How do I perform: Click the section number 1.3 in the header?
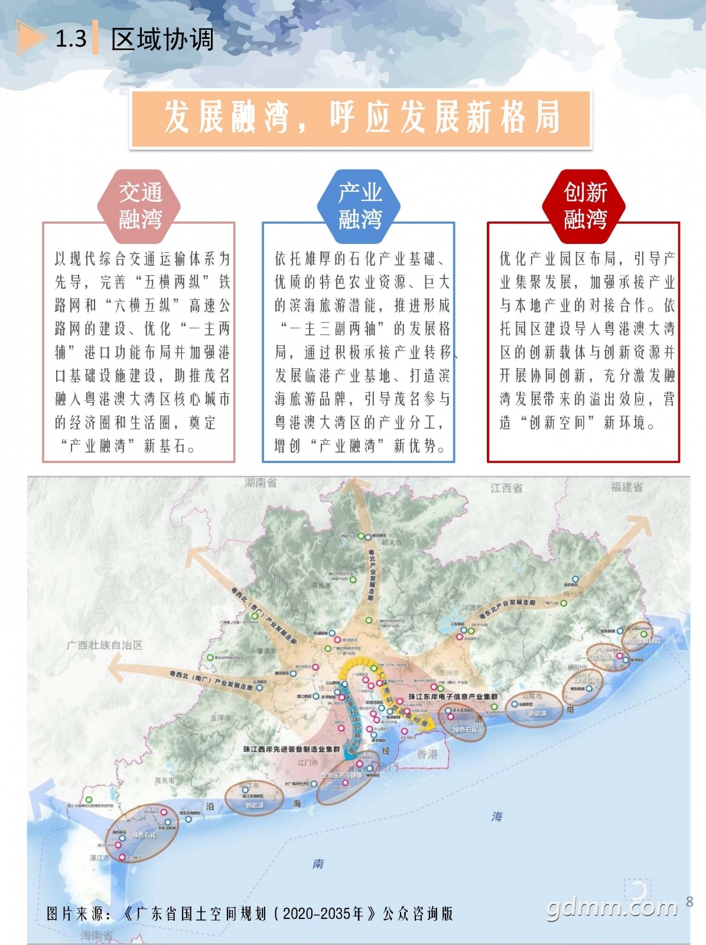(x=71, y=39)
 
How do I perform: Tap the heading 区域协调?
(x=162, y=39)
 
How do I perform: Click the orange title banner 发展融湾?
(x=360, y=118)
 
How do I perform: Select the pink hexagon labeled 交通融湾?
(x=140, y=206)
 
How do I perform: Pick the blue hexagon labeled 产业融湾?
(x=360, y=206)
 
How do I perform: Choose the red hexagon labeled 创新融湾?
(x=585, y=206)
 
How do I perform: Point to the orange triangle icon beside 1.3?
(x=30, y=38)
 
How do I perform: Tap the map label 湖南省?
(x=261, y=483)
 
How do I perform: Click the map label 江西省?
(x=506, y=488)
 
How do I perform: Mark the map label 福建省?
(x=627, y=487)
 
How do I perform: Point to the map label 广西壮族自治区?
(x=105, y=645)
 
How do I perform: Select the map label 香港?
(x=428, y=754)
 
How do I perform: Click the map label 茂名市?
(x=165, y=780)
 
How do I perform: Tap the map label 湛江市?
(x=100, y=858)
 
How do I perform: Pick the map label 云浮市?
(x=220, y=718)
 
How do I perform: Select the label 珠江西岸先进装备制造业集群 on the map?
(x=292, y=749)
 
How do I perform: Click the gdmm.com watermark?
(x=613, y=907)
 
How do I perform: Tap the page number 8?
(x=689, y=901)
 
